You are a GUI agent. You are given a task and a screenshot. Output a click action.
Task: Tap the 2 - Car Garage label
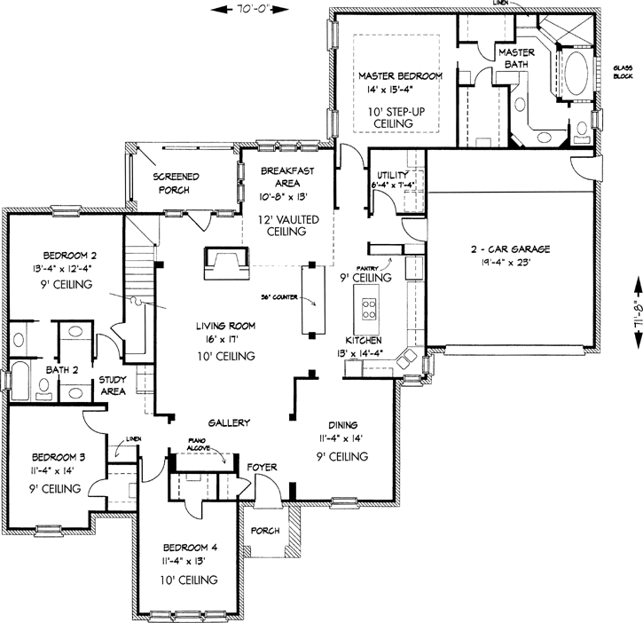click(x=511, y=250)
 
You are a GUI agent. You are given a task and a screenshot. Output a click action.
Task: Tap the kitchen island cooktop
click(x=368, y=311)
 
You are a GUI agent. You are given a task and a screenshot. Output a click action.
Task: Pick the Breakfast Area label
click(x=283, y=178)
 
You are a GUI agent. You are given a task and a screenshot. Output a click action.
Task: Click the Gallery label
click(x=229, y=422)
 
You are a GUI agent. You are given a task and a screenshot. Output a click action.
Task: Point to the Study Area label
click(x=112, y=385)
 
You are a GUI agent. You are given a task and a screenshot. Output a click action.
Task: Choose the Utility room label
click(x=391, y=174)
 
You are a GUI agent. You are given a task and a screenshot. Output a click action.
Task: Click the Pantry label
click(x=368, y=266)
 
